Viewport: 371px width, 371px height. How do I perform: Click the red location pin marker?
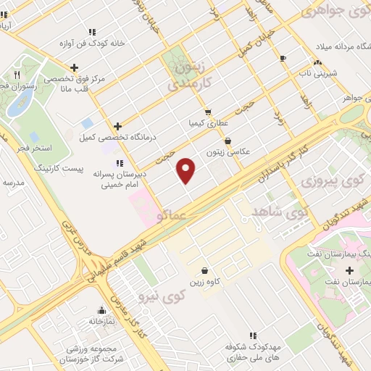click(187, 170)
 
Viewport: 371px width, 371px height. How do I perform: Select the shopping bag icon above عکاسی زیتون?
click(228, 141)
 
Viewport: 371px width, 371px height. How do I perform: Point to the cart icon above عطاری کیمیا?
click(208, 112)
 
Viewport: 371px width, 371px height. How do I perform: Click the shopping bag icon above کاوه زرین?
click(205, 270)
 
